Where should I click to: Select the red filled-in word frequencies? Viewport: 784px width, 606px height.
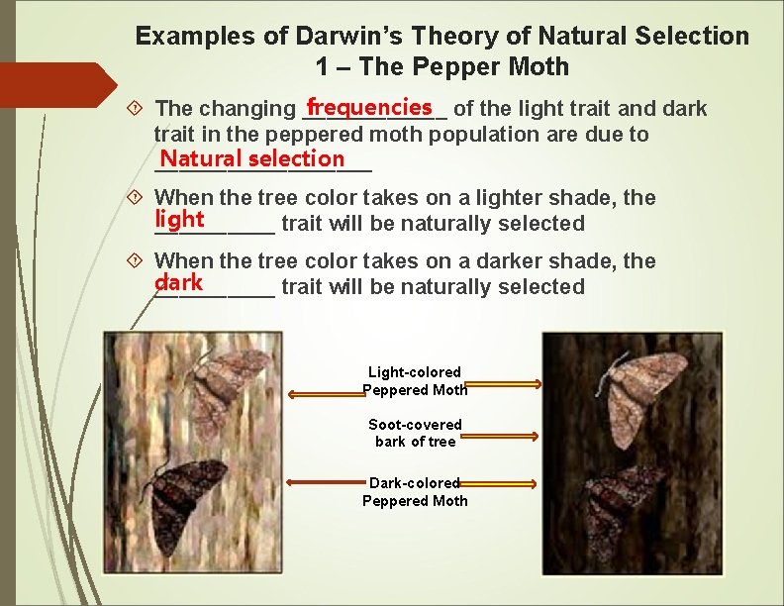point(369,106)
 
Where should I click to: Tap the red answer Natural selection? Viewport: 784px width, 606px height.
point(252,158)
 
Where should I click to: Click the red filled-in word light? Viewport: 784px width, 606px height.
point(179,219)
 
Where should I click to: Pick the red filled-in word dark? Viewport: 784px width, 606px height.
point(178,282)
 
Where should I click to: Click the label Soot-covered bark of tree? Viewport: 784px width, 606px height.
point(415,433)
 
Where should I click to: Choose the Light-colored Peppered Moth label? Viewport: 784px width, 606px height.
point(415,381)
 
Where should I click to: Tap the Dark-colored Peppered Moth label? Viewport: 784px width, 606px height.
point(415,491)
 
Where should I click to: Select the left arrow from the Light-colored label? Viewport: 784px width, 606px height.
point(327,393)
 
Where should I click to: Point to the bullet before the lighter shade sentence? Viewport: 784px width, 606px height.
point(141,198)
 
